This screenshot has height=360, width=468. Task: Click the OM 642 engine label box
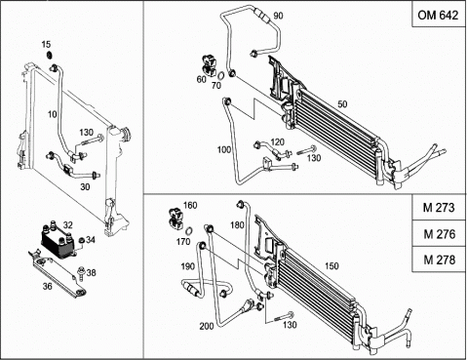(x=439, y=15)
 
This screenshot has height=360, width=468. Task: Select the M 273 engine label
(x=439, y=208)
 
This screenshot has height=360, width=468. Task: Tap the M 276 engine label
(x=439, y=233)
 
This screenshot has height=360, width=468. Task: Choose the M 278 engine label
(x=439, y=260)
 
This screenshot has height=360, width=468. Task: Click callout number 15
(x=47, y=44)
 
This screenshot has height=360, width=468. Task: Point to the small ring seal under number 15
(x=50, y=56)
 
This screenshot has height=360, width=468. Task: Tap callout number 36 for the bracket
(x=48, y=286)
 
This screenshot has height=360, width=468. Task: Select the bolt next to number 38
(x=79, y=273)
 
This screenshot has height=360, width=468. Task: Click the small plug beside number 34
(x=82, y=240)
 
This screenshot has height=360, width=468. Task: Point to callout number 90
(x=278, y=16)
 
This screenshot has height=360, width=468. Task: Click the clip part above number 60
(x=210, y=65)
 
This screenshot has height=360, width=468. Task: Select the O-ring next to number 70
(x=220, y=76)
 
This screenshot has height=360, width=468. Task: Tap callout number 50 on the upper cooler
(x=342, y=104)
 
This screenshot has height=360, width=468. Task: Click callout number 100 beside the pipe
(x=224, y=150)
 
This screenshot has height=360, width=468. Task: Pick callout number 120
(x=277, y=142)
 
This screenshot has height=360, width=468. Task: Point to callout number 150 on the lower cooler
(x=331, y=266)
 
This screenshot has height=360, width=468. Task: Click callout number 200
(x=207, y=326)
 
